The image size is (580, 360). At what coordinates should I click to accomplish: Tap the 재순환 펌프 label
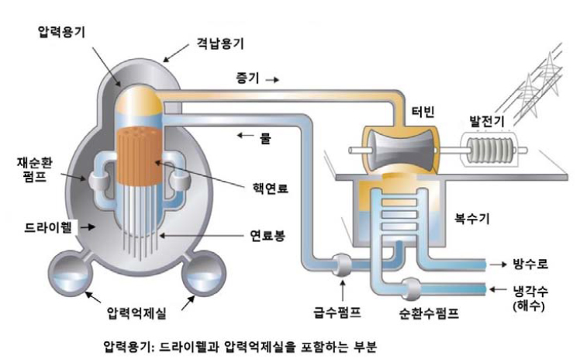click(x=33, y=171)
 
